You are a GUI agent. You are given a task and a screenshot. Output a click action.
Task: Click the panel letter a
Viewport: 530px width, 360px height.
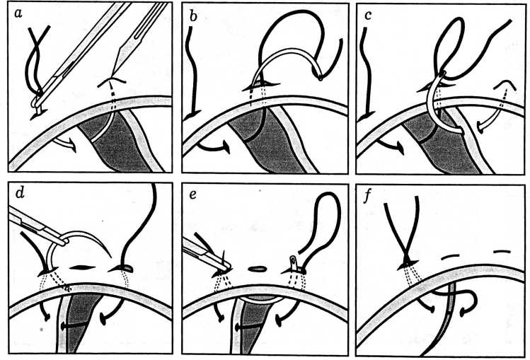17,13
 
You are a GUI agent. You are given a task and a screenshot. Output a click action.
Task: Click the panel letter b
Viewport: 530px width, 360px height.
193,15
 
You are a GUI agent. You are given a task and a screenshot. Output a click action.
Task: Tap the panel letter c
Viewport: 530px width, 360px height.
368,15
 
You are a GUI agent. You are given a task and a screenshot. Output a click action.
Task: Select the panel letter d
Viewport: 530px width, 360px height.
20,193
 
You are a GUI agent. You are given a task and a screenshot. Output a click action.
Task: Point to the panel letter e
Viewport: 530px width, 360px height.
193,194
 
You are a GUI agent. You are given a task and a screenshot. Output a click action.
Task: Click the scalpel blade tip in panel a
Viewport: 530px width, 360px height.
112,77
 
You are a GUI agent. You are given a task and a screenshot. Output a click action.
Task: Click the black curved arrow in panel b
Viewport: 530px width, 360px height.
214,147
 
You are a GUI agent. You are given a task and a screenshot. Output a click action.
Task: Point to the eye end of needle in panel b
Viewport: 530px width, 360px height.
319,78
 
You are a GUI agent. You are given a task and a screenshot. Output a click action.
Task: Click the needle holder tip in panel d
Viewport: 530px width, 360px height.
64,241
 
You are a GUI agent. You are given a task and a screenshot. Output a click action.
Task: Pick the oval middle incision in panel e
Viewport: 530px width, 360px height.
258,269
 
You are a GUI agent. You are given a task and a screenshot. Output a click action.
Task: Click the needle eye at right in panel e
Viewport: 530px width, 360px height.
293,261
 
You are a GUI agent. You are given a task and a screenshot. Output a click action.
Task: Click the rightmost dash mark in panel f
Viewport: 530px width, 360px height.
502,251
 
